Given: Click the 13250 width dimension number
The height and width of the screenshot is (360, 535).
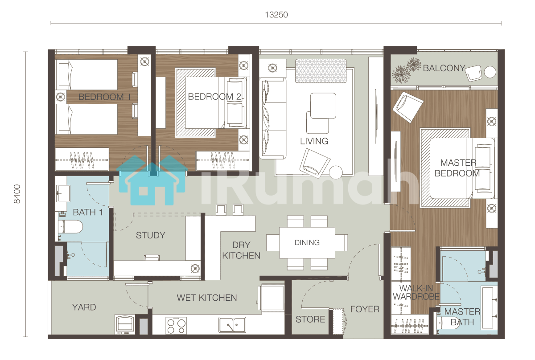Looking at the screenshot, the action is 276,15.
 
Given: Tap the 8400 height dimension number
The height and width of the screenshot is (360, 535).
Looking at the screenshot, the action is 17,194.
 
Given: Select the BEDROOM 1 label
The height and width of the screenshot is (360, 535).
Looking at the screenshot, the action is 105,97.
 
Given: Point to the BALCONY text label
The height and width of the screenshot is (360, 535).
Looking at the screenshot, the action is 444,68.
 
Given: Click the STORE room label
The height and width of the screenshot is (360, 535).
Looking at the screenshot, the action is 310,319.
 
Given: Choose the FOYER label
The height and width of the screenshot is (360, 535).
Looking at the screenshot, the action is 365,309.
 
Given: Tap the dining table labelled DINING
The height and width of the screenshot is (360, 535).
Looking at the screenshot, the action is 307,242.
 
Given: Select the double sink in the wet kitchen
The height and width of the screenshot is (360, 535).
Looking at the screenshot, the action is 232,325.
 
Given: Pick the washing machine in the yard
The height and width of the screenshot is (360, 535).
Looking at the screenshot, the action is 125,324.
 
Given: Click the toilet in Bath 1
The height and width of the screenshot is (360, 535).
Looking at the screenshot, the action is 70,226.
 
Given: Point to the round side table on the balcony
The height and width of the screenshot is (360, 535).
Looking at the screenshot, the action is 490,72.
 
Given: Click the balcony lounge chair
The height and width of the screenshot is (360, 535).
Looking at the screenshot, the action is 473,73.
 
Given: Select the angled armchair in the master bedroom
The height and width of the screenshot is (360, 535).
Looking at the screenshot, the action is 408,107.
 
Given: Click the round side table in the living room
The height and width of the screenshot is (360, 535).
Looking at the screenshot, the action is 336,172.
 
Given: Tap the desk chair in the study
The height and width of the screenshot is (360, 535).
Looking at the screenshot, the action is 152,258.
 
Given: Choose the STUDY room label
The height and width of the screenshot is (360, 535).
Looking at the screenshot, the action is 151,235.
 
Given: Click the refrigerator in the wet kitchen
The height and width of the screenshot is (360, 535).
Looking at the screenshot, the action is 272,298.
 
